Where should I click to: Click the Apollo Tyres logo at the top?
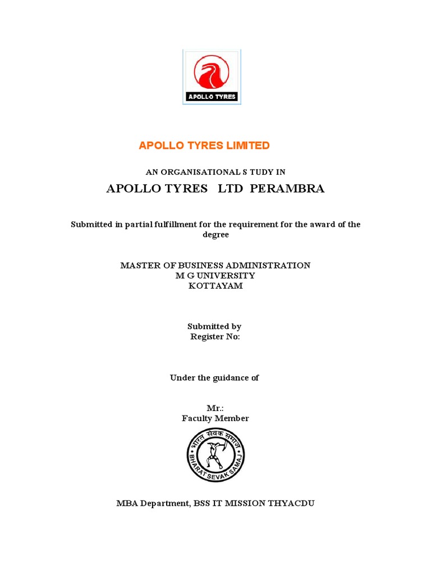pos(212,76)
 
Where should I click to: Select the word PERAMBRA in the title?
pos(287,189)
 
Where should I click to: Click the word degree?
pos(215,235)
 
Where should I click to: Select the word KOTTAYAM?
pos(215,286)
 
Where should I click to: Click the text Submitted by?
pos(214,326)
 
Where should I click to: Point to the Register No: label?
pos(215,337)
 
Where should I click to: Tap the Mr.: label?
pos(215,408)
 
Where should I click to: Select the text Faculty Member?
pos(215,418)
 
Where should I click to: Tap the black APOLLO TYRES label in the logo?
pos(212,97)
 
